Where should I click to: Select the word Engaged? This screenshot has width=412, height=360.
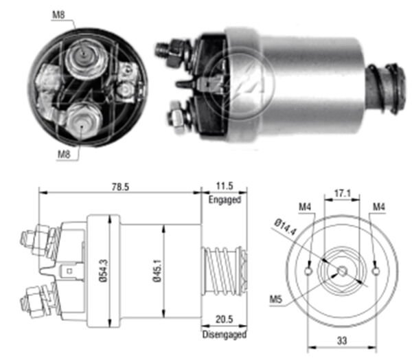[x=224, y=200]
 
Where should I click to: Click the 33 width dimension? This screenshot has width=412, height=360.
[x=341, y=339]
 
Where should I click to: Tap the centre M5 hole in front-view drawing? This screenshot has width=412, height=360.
[x=341, y=271]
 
